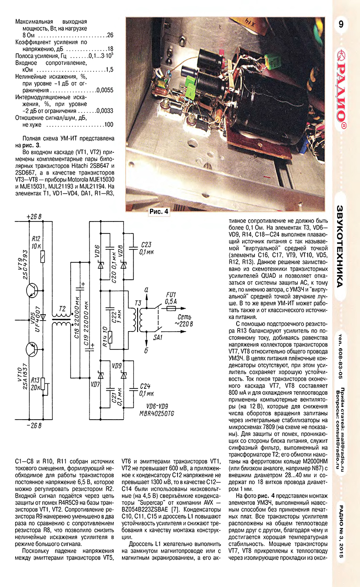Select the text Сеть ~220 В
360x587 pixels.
point(182,321)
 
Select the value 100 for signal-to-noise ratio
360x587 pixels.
point(109,125)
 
